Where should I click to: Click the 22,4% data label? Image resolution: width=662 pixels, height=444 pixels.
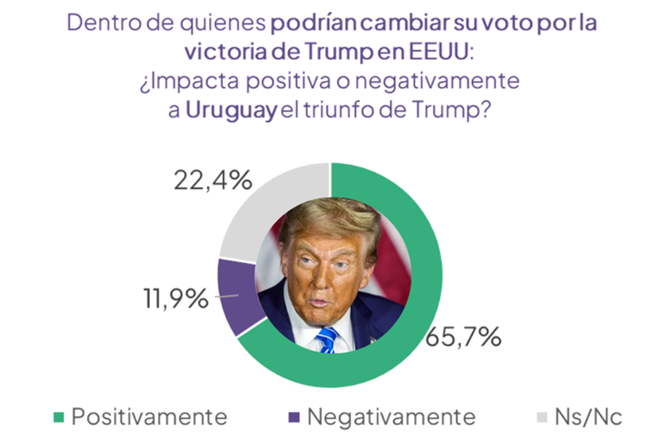(x=212, y=181)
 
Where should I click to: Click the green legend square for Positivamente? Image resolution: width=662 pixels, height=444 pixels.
(x=58, y=417)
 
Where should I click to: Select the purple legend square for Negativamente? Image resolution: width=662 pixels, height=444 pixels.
(x=294, y=417)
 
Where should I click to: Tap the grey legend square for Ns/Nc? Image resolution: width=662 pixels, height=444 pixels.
(x=542, y=417)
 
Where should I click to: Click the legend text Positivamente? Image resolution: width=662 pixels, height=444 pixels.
(x=149, y=417)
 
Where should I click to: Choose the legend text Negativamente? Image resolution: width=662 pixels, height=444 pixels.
(x=391, y=417)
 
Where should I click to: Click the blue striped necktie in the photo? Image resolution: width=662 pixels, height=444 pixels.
(x=326, y=340)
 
